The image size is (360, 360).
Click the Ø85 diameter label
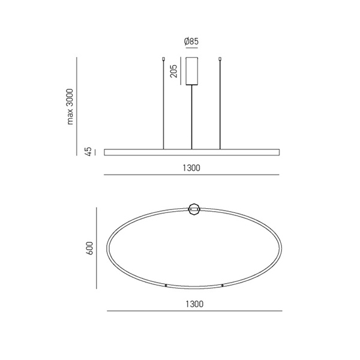(191, 41)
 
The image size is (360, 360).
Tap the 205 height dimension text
(174, 71)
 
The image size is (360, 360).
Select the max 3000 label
(70, 107)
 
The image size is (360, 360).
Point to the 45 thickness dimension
(89, 152)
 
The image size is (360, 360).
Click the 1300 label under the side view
(191, 168)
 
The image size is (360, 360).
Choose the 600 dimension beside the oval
(90, 248)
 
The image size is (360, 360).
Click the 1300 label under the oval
(194, 304)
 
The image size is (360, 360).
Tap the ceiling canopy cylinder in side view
(192, 71)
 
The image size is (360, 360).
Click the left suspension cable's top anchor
(163, 59)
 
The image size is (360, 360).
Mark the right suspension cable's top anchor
(220, 59)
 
